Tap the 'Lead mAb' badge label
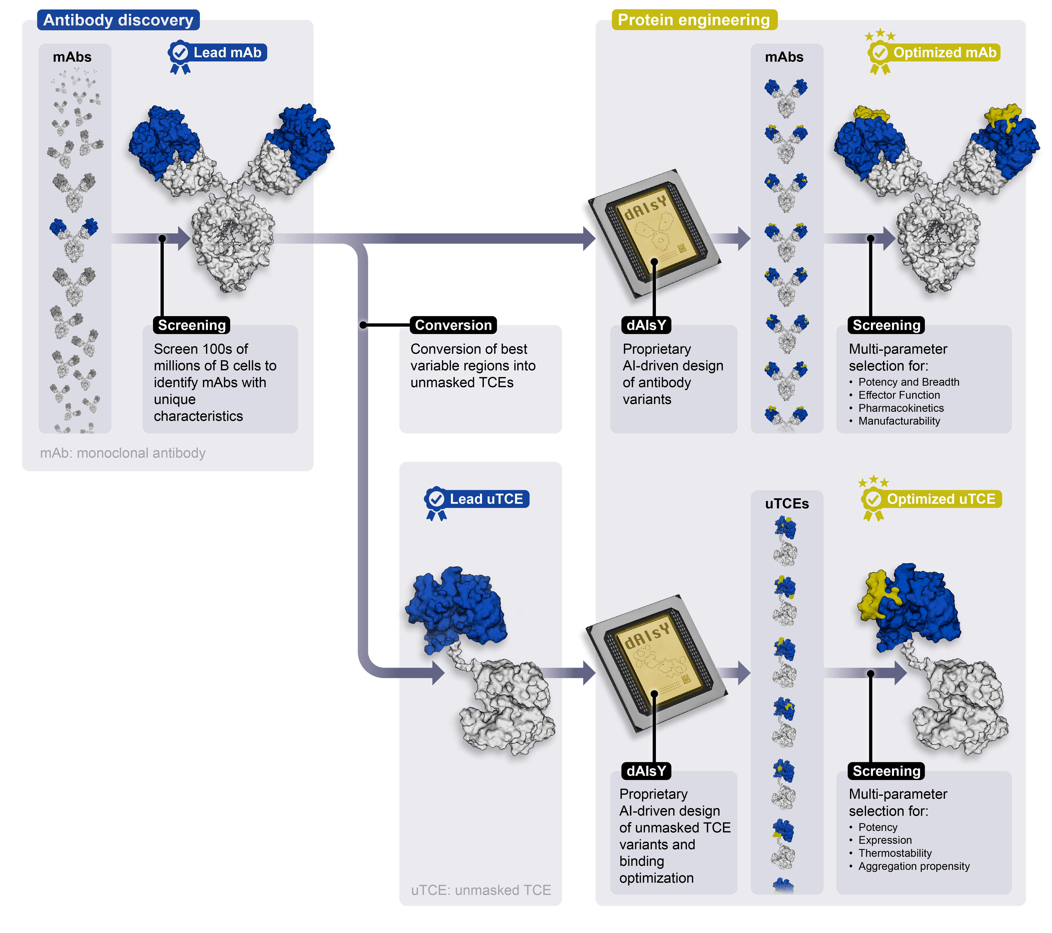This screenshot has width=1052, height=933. (x=227, y=52)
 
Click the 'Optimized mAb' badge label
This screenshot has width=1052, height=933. (x=944, y=52)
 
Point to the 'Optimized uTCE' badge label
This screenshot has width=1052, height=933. (x=941, y=499)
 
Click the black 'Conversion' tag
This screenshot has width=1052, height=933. (x=453, y=325)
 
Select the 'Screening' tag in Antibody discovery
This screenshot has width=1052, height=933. (x=191, y=325)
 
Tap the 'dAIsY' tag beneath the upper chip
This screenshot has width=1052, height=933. (x=646, y=325)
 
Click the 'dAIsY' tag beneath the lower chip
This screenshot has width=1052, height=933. (x=646, y=771)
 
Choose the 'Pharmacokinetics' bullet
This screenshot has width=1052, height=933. (x=901, y=408)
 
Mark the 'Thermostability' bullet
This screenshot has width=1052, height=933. (x=894, y=853)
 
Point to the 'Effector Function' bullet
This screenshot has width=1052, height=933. (x=899, y=395)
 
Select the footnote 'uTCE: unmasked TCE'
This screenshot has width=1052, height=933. (x=481, y=890)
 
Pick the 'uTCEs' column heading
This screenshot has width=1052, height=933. (x=786, y=504)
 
